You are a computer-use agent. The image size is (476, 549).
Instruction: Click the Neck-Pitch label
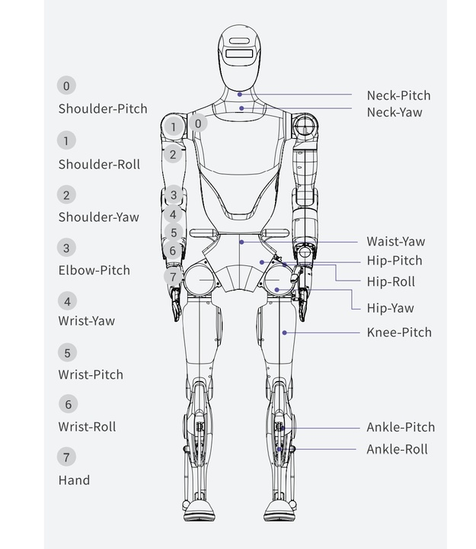(398, 95)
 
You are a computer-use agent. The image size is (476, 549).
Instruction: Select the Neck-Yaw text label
(395, 112)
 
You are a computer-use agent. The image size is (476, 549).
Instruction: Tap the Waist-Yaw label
(395, 242)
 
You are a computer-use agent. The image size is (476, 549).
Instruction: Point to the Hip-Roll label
(391, 281)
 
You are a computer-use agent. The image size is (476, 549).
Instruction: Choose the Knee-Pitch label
(399, 332)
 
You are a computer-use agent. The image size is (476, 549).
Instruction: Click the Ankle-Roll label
(397, 449)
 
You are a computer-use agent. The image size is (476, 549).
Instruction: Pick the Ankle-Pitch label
(401, 428)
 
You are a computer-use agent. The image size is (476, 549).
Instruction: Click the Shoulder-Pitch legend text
(103, 108)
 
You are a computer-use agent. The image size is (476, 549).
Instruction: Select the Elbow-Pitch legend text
(94, 270)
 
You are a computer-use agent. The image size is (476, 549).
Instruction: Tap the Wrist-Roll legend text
(87, 427)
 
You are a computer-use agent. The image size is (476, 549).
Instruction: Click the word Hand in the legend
(74, 480)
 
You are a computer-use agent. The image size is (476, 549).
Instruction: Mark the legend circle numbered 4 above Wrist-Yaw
(66, 301)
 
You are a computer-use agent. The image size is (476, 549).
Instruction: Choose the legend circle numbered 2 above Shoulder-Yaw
(66, 194)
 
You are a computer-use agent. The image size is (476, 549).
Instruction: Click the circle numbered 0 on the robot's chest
(198, 123)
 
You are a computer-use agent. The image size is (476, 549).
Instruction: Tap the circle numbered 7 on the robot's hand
(173, 277)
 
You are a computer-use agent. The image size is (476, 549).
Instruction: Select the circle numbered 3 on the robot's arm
(174, 195)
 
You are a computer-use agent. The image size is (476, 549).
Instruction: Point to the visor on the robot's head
(238, 55)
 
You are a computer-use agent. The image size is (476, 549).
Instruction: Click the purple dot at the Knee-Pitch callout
(284, 332)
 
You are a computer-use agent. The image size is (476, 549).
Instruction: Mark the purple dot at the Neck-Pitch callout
(239, 95)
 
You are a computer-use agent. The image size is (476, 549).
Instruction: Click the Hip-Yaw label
(390, 308)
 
